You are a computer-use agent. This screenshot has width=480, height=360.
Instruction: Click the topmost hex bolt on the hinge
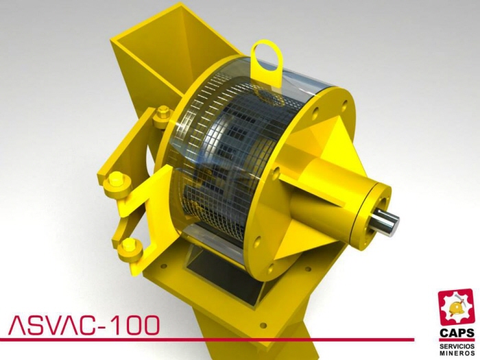click(x=163, y=112)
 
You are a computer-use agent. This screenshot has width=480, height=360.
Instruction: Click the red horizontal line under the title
click(x=206, y=339)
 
